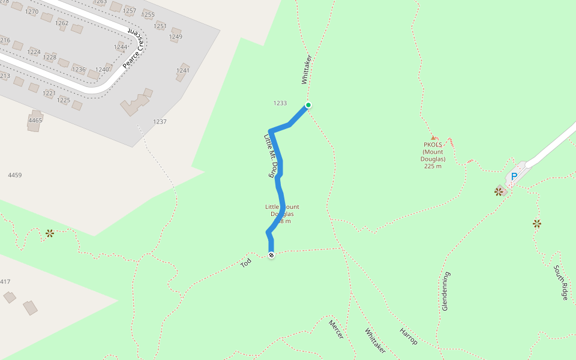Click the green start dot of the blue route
pos(308,105)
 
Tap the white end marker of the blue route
pos(271,256)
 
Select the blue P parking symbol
pos(514,177)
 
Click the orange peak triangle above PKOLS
pos(433,138)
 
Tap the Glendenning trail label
pos(445,291)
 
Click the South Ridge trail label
pos(560,282)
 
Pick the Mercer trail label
pos(336,329)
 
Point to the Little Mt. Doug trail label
pos(272,155)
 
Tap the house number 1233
pos(280,103)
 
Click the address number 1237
pos(160,122)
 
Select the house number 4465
pos(35,121)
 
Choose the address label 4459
pos(15,175)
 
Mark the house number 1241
pos(182,71)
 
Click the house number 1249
pos(175,37)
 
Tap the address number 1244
pos(121,47)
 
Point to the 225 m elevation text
pos(433,166)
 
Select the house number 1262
pos(62,23)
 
